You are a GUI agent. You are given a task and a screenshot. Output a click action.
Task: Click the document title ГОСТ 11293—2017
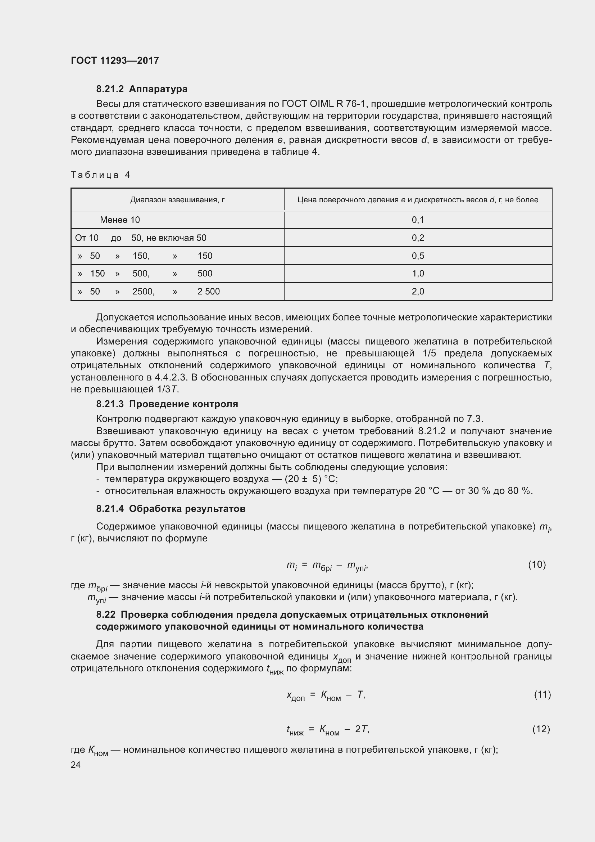115,60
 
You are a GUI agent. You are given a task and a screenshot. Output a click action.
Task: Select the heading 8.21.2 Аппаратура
142,89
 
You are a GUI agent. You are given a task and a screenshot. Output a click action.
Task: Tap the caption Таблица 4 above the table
100,175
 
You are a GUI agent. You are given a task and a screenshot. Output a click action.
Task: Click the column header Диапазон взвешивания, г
177,200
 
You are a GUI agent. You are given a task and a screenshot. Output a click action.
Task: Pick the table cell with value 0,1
418,220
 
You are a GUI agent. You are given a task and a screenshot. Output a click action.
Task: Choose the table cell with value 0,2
418,238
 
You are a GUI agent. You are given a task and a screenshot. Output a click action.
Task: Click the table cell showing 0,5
418,256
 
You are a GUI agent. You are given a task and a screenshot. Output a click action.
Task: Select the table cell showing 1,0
418,274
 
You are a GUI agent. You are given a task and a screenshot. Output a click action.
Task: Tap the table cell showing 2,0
418,292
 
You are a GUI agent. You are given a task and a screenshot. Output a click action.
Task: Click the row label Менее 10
120,220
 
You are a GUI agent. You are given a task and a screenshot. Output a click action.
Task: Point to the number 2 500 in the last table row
209,292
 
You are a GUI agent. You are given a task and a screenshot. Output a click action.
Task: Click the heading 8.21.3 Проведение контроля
167,404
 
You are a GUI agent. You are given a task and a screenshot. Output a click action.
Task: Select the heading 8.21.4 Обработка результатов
171,509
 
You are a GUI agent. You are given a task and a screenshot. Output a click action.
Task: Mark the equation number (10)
537,564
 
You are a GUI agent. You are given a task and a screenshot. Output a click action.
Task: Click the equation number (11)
542,694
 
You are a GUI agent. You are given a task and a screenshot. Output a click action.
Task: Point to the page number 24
76,765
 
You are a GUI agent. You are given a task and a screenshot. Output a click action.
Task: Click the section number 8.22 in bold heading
105,614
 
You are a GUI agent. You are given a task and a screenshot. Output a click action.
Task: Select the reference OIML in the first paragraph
319,104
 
